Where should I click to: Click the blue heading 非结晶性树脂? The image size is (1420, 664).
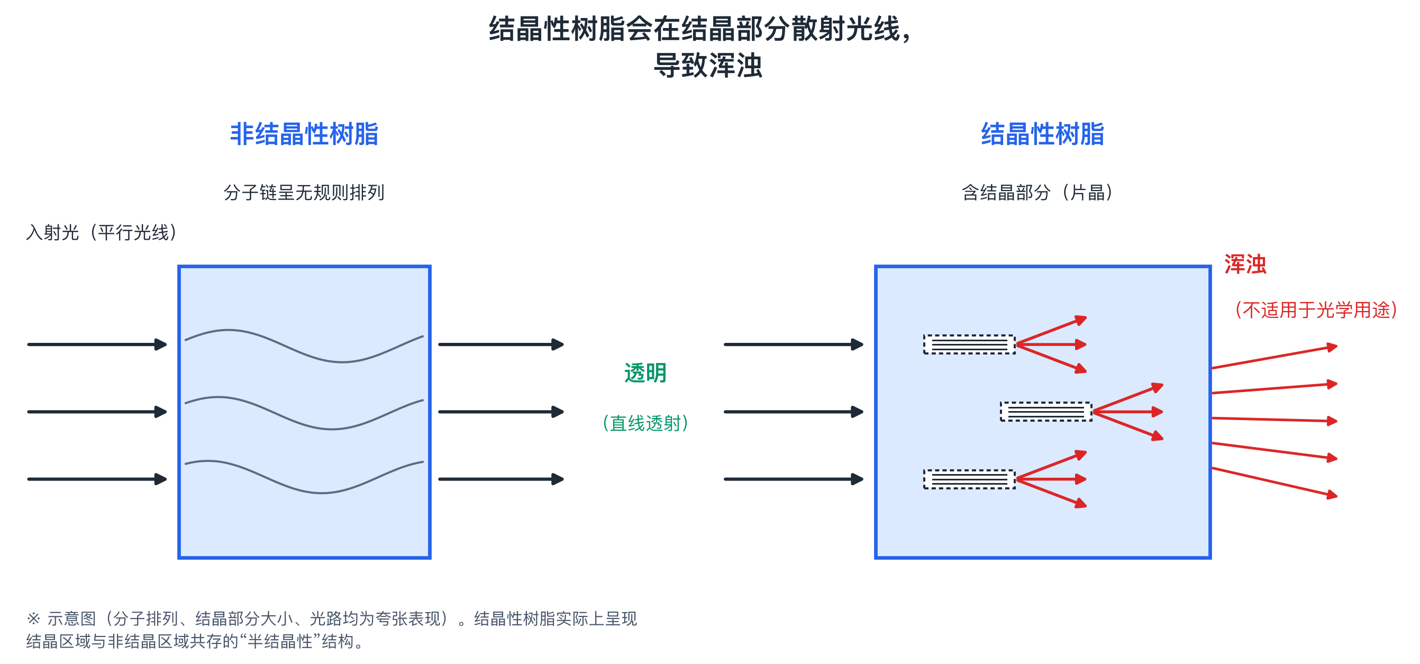point(304,134)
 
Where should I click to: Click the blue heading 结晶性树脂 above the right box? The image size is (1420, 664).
point(1042,134)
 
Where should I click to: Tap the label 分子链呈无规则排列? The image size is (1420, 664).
point(304,192)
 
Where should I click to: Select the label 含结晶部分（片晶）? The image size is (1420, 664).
point(1037,192)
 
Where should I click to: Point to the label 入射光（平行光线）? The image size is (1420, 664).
point(102,232)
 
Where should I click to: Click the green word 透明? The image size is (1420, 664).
point(645,373)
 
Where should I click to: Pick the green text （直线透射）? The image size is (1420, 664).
point(645,423)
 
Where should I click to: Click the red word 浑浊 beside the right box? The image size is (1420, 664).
point(1245,264)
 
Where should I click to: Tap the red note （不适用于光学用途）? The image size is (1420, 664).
point(1316,310)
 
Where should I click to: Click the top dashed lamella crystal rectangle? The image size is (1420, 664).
point(969,344)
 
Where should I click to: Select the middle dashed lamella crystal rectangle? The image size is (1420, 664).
point(1046,412)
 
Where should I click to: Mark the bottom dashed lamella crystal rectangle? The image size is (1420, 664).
point(969,479)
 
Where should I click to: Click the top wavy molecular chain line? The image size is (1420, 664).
point(304,346)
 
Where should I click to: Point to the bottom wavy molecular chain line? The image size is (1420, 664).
point(304,477)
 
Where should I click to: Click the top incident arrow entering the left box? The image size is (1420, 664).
point(97,344)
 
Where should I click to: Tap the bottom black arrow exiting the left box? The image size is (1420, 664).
point(501,479)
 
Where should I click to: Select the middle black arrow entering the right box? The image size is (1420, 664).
point(794,412)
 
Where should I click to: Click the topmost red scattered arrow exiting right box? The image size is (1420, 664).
point(1275,357)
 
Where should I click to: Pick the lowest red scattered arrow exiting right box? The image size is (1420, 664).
point(1275,482)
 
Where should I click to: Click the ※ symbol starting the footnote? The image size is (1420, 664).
point(33,618)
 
